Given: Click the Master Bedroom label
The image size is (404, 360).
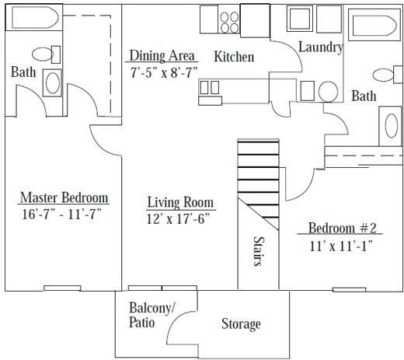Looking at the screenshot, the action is pos(64,197).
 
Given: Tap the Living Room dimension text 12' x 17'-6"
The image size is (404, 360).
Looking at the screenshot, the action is pos(178,218).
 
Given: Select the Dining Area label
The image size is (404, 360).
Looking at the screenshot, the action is pos(162,55).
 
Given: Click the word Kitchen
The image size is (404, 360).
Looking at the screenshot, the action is pos(234,57).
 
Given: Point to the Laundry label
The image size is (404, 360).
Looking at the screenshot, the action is pos(321,47).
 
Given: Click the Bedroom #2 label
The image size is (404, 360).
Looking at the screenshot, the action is pos(342,228).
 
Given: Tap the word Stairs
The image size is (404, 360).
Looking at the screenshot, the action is pos(259,251).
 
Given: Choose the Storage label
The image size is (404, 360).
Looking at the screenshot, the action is pos(241,324).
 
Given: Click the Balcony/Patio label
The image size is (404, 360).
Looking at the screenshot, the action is pos(151,315).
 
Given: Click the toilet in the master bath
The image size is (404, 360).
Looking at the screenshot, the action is pos(46,54).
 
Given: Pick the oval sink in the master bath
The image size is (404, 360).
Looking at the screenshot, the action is pos(52,83).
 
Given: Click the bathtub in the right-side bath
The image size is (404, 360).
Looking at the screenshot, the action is pos(374,25).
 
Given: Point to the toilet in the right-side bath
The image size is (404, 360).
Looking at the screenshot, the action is pos(388,75).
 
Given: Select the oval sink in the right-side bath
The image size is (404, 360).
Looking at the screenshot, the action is pos(391,126).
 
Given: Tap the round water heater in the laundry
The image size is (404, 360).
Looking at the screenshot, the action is pos(328,92).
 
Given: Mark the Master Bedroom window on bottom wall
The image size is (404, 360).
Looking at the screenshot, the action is pos(62,288).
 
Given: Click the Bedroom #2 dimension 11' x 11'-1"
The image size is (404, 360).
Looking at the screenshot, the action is pos(341,246).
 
